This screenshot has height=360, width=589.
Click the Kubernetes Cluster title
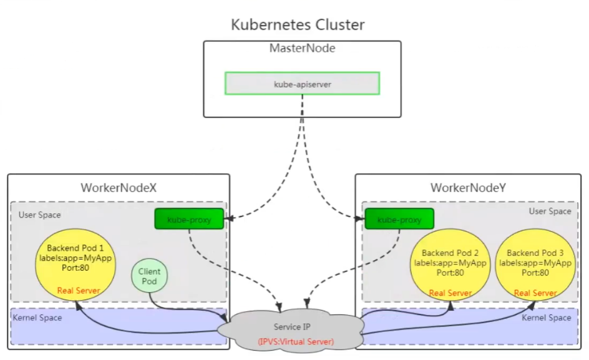coord(298,25)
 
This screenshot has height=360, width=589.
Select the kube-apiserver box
coord(303,84)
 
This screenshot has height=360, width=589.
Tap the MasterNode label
coord(303,48)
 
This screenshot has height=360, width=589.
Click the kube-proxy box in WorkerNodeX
coord(189,219)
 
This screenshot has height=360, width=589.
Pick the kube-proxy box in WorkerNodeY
coord(399,219)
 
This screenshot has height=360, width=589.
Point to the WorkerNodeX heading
coord(119,188)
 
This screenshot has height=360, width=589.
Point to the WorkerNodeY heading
coord(468,188)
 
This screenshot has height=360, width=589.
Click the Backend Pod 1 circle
coord(75,265)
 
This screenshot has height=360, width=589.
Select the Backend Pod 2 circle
coord(450,265)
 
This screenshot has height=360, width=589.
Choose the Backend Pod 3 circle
coord(535,265)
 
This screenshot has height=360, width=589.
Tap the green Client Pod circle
coord(149,276)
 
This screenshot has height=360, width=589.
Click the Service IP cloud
coord(291,331)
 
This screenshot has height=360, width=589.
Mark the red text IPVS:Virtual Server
coord(296,341)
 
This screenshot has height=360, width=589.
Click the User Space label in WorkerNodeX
coord(39,215)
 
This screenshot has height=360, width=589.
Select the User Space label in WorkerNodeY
coord(550,211)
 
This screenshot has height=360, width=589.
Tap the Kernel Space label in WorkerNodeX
coord(37,318)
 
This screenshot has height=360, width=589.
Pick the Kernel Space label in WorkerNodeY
coord(546,318)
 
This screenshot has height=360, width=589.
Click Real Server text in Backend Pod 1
coord(79,291)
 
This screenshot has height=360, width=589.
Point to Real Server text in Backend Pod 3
coord(535,293)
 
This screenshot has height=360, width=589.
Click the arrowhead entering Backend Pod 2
coord(450,305)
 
